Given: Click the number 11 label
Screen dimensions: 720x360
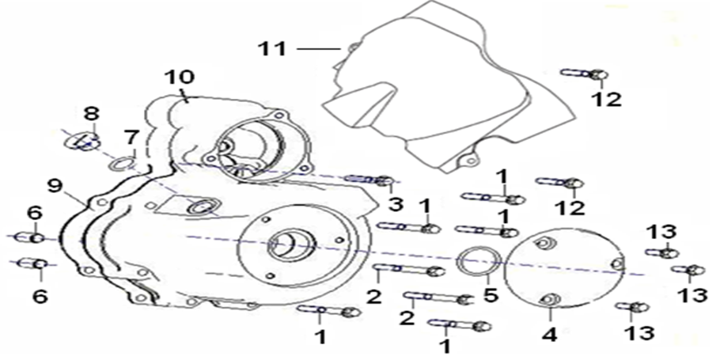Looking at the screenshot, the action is tap(272, 48).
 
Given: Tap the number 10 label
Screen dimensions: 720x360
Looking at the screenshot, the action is tap(180, 77).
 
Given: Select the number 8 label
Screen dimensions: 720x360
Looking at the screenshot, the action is tap(91, 113).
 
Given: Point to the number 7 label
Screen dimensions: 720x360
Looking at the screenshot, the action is tap(131, 136).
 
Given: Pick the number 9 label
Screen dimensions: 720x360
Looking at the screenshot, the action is tap(55, 186).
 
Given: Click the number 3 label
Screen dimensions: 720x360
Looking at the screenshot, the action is tap(396, 204).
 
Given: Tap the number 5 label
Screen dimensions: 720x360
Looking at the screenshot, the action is tap(491, 295).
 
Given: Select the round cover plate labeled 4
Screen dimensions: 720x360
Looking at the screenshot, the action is tap(566, 270).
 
